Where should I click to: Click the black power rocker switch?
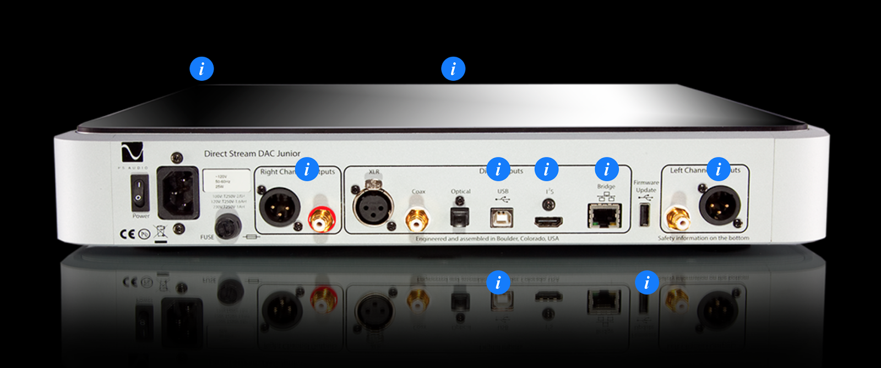click(x=139, y=193)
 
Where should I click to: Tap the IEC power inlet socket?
click(x=178, y=193)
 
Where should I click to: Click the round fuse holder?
click(x=227, y=226)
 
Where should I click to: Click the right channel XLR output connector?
click(x=280, y=206)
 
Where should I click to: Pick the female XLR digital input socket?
click(x=373, y=206)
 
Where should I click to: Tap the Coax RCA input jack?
click(x=417, y=219)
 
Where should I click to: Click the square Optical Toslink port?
click(x=460, y=217)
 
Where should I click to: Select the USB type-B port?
click(x=502, y=217)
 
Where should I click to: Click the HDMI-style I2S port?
click(x=548, y=222)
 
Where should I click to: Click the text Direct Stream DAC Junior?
click(x=252, y=153)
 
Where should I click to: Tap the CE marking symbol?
click(x=127, y=234)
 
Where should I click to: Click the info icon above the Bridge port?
click(x=607, y=169)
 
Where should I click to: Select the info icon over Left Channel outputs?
click(x=718, y=169)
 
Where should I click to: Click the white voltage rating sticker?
click(x=226, y=180)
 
